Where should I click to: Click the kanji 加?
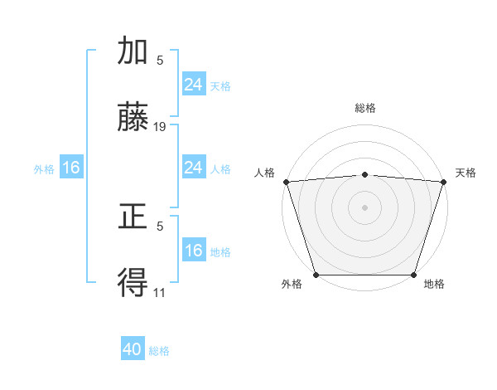point(133,51)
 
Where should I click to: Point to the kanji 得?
point(133,284)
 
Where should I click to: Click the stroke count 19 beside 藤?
point(160,127)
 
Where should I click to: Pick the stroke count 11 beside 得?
point(160,292)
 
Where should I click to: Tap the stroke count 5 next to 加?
point(160,60)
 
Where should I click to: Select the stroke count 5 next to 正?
point(160,226)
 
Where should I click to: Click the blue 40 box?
point(133,350)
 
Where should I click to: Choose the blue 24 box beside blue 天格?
point(193,85)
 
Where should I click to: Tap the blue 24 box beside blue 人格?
point(193,168)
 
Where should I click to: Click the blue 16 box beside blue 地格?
point(193,251)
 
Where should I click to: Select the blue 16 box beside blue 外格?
point(71,168)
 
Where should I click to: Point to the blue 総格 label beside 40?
point(159,351)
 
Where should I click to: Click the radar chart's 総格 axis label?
point(364,109)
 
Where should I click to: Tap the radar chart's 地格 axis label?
point(434,285)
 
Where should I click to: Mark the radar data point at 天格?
point(444,182)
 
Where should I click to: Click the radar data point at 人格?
point(286,182)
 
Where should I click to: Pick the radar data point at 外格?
point(316,275)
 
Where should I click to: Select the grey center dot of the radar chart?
point(364,207)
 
